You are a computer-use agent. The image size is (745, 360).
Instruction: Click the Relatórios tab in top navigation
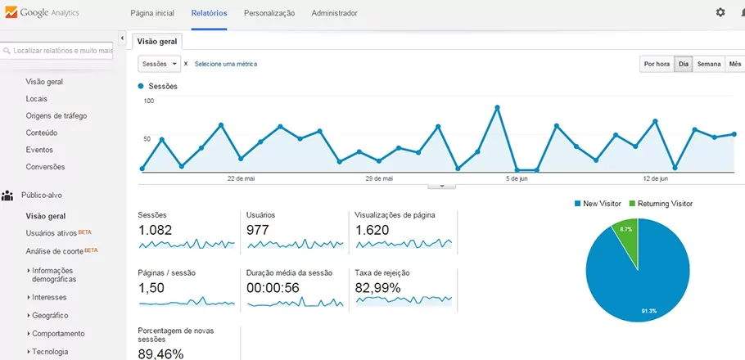pos(209,13)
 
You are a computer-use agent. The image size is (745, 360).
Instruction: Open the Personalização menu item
pos(269,13)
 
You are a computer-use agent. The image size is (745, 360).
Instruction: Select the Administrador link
pos(334,13)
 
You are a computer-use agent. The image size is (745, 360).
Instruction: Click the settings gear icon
pos(720,12)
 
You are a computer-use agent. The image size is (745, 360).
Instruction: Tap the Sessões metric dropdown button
pos(160,64)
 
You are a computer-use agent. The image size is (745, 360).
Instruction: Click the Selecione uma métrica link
pos(225,64)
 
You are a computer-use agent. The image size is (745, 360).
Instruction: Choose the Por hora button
pos(657,64)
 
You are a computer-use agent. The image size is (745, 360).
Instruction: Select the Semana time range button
pos(709,64)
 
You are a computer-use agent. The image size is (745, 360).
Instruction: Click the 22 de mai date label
pos(241,178)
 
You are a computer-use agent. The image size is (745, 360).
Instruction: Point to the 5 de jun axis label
pos(517,178)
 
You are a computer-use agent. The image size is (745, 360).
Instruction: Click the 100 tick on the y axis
pos(148,101)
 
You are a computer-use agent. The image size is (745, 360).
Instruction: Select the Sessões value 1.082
pos(156,230)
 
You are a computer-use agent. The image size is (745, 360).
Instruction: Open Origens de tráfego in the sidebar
pos(56,115)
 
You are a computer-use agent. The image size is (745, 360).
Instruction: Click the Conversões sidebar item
pos(46,167)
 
